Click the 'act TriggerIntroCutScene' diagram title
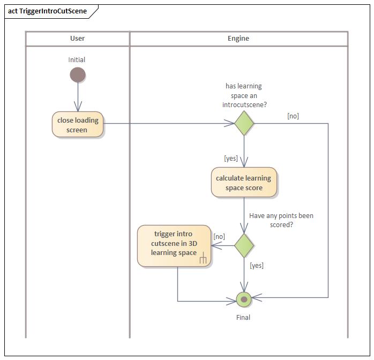[x=47, y=11]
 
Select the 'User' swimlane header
[x=78, y=39]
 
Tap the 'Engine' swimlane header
[x=238, y=39]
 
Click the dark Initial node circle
[x=78, y=75]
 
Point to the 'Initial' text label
[x=77, y=60]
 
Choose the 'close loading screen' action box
[x=78, y=125]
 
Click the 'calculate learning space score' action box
[x=244, y=183]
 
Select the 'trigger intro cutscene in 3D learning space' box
[x=174, y=246]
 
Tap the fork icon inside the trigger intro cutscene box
[x=203, y=259]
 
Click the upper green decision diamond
[x=244, y=124]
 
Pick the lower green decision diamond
[x=244, y=245]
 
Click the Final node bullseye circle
[x=244, y=299]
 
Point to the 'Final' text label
[x=243, y=317]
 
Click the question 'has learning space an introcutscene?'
[x=244, y=95]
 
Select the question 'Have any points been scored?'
[x=281, y=220]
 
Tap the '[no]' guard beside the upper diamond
[x=293, y=116]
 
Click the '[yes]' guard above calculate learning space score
[x=231, y=158]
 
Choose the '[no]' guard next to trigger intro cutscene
[x=219, y=236]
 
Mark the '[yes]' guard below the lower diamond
[x=257, y=265]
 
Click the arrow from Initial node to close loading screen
[x=78, y=97]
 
